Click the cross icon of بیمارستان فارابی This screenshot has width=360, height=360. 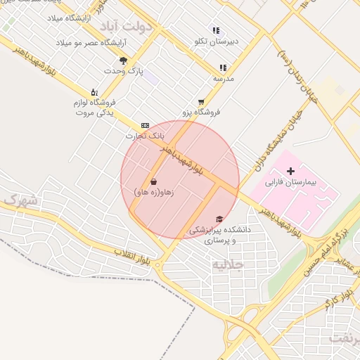tap(291, 172)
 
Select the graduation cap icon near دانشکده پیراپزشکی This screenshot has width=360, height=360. tap(219, 219)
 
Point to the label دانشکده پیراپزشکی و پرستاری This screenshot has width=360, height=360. tap(220, 235)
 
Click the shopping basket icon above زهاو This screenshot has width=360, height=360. tap(154, 181)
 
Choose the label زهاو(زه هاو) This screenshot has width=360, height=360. tap(153, 191)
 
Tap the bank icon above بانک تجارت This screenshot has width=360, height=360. tap(145, 125)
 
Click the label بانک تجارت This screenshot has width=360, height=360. tap(146, 135)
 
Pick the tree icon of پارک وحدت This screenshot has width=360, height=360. tap(124, 60)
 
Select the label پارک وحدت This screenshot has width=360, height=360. tap(123, 71)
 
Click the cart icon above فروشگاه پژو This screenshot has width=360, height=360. tap(202, 101)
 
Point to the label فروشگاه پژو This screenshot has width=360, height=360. tap(202, 112)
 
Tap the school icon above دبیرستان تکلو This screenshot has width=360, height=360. tap(216, 31)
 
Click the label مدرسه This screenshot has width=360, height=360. tap(223, 78)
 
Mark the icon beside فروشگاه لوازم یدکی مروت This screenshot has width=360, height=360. tap(94, 92)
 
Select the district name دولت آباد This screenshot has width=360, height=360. tap(127, 27)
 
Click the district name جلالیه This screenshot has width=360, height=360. tap(228, 264)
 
